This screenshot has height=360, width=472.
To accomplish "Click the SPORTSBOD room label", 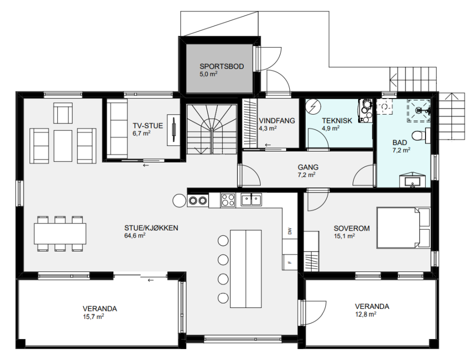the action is point(222,66).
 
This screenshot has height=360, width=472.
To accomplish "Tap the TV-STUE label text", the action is point(148,125).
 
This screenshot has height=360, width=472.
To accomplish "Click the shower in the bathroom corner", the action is point(419,110).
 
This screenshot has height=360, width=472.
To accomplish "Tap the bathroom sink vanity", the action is point(413,180).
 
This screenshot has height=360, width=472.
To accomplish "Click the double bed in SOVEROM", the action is point(404,227).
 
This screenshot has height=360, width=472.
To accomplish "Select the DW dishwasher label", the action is point(290,231).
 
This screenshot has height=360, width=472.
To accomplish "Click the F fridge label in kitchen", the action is point(290,262).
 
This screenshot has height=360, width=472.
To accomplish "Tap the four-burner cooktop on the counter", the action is point(228,200).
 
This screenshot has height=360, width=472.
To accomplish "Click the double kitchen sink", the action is point(251,199).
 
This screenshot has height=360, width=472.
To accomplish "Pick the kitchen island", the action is point(246,268).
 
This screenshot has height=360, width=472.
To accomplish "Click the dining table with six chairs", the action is point(60,233).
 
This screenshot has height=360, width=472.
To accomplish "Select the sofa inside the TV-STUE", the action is point(117,128).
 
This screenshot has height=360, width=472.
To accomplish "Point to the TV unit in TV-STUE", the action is point(173,130).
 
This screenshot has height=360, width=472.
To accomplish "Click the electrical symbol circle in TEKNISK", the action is point(313,106).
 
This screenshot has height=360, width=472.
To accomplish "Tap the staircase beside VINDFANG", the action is point(211,129).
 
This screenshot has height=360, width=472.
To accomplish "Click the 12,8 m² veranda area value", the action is point(366,314).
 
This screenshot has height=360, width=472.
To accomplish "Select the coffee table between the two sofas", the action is point(63,146).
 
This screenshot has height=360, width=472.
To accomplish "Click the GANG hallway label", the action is point(308,167).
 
